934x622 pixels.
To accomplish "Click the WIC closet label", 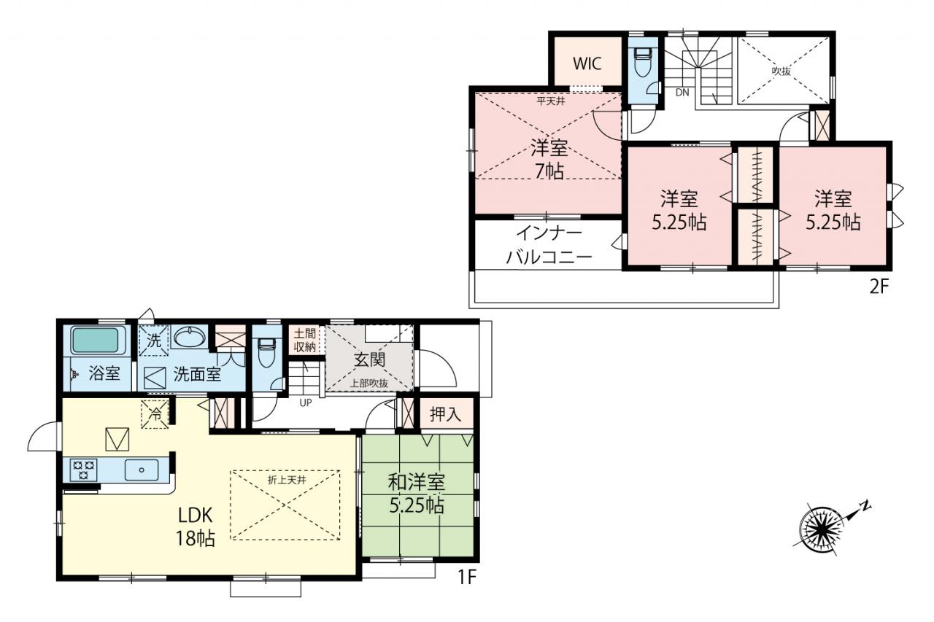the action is click(587, 63).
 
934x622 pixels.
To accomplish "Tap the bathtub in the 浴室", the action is click(95, 341).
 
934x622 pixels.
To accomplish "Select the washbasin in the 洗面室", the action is click(189, 336).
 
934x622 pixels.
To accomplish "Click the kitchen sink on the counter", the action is click(142, 470).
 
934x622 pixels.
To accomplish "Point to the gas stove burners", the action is click(84, 470).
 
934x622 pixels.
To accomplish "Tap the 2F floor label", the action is click(879, 287).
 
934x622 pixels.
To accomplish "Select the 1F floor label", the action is click(466, 577).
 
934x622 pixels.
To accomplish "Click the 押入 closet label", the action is click(445, 414).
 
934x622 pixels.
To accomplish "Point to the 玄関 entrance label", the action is click(369, 360).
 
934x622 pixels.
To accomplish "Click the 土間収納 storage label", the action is click(304, 340).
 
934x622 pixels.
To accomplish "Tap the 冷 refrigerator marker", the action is click(155, 414).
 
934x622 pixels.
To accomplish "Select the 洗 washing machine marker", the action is click(154, 341).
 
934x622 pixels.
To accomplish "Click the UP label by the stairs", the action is click(306, 403).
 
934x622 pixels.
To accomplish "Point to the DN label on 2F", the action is click(682, 93).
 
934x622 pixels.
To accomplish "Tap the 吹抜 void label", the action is click(781, 71).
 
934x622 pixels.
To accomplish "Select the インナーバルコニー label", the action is click(549, 246).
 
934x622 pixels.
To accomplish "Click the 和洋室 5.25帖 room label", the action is click(417, 494).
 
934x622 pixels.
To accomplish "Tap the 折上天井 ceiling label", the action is click(287, 480).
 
